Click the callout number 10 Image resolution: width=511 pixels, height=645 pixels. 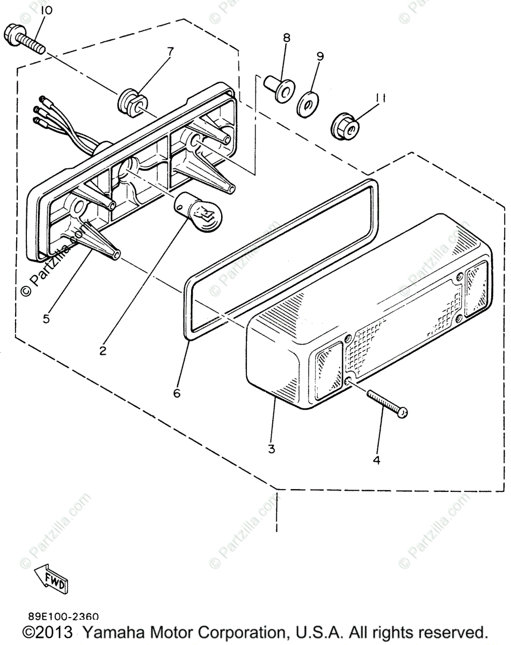pyautogui.click(x=47, y=11)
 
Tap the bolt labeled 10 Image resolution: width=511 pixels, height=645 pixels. pyautogui.click(x=25, y=38)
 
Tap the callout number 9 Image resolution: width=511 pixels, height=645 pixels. pyautogui.click(x=320, y=55)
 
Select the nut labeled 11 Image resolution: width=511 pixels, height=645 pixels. pyautogui.click(x=342, y=126)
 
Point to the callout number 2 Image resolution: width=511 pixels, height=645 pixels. pyautogui.click(x=103, y=350)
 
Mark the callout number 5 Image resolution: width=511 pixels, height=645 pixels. pyautogui.click(x=46, y=318)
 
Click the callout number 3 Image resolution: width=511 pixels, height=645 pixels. pyautogui.click(x=272, y=448)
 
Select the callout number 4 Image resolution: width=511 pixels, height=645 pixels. pyautogui.click(x=376, y=460)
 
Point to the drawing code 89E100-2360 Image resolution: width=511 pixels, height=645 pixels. pyautogui.click(x=60, y=618)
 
